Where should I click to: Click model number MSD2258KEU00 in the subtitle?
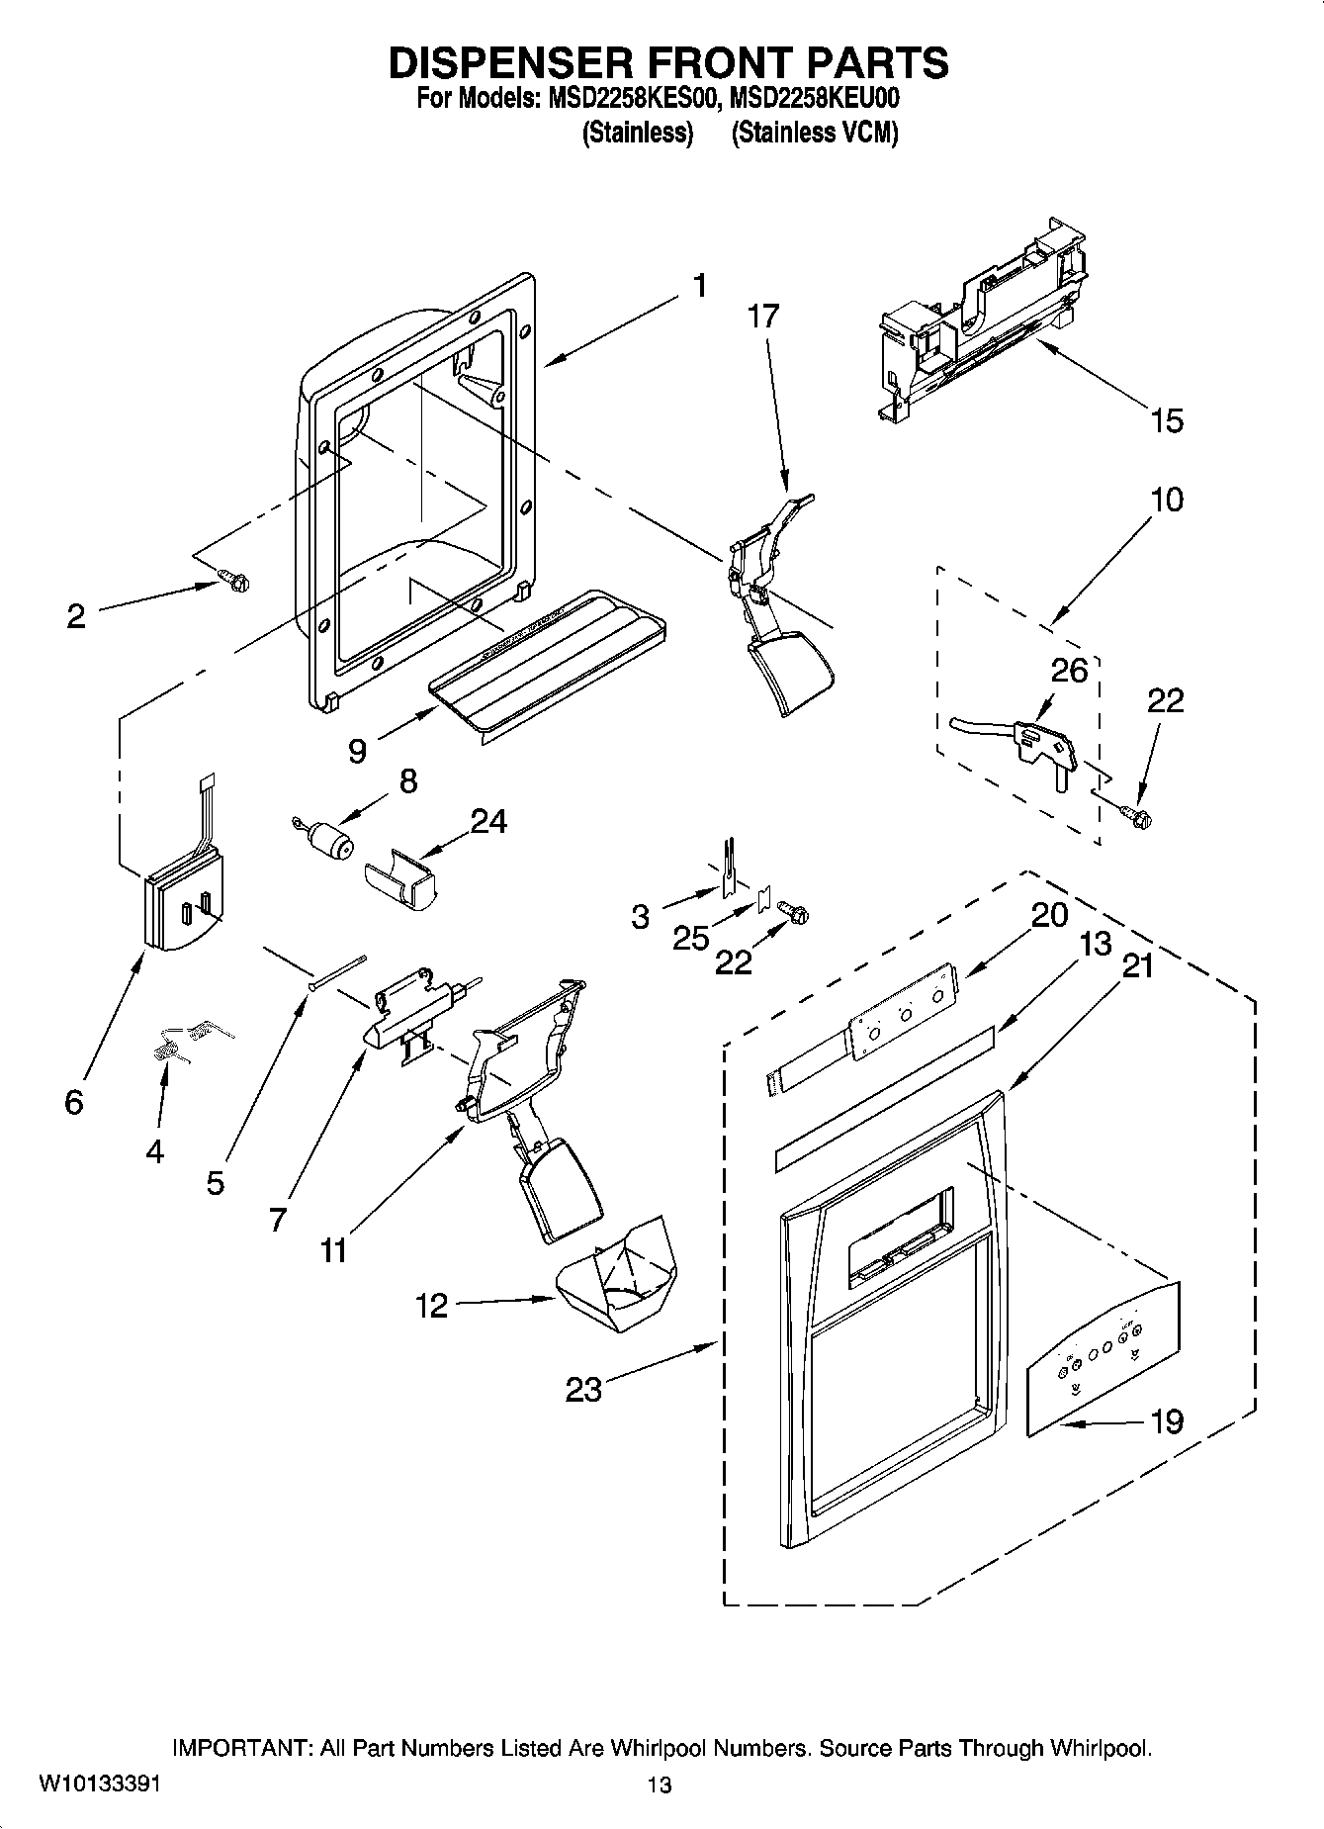tap(815, 99)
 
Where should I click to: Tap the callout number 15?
tap(1167, 420)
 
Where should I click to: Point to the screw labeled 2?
tap(234, 582)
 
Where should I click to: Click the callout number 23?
tap(583, 1390)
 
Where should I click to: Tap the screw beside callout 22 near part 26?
tap(1140, 817)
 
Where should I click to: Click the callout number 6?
tap(74, 1102)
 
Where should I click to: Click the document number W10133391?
tap(99, 1783)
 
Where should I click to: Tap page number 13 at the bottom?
tap(660, 1784)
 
